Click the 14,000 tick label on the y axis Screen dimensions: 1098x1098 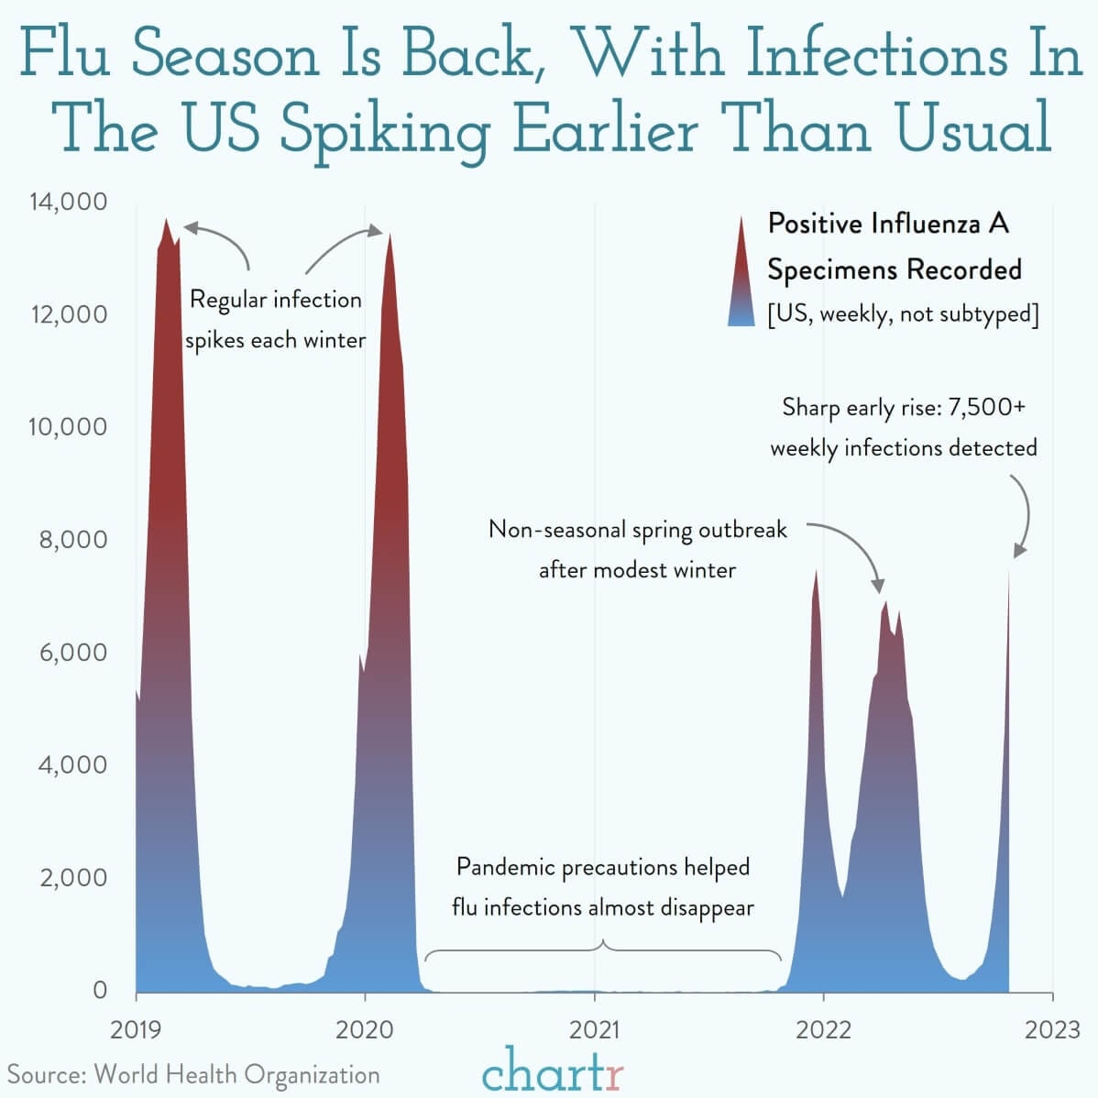point(69,202)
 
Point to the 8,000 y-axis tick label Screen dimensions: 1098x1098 point(73,540)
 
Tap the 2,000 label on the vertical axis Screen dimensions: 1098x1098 point(73,877)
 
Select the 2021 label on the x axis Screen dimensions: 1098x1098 point(595,1030)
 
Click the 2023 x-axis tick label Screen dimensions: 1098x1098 point(1052,1030)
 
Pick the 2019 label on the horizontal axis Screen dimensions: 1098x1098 point(136,1030)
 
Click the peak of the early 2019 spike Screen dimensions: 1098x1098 point(166,219)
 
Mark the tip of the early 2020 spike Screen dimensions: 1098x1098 point(390,235)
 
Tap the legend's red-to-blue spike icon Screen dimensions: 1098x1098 point(741,271)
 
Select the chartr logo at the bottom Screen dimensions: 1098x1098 point(553,1070)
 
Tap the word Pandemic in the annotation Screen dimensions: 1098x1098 point(506,867)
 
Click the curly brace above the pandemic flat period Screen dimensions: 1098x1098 point(603,950)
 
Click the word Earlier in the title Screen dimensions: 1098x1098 point(605,129)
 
